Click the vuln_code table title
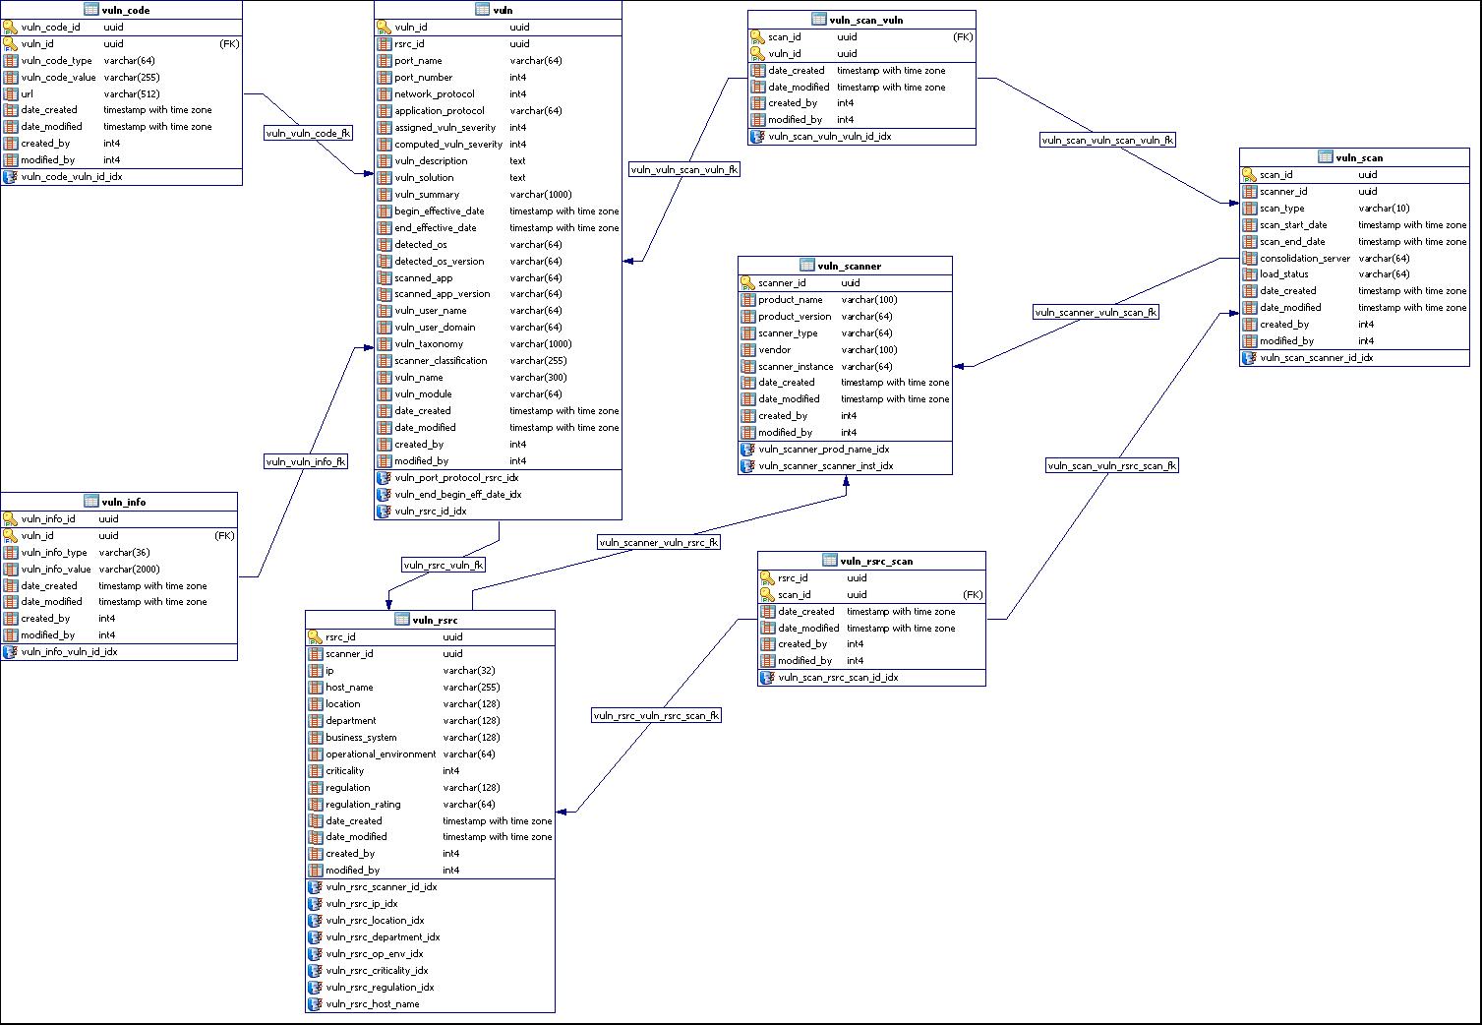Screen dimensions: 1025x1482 125,10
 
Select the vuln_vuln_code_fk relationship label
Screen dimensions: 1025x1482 308,134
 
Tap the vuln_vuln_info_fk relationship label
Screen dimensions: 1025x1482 306,461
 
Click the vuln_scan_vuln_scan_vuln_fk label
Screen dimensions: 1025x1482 1107,140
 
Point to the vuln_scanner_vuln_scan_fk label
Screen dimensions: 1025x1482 1096,313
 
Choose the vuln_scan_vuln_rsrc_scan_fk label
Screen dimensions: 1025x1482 1111,466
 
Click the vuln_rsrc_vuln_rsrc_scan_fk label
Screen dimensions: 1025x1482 656,715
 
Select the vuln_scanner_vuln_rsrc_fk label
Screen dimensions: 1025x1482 659,542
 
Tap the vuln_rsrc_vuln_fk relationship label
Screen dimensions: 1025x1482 444,565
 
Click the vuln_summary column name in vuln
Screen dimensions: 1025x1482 427,195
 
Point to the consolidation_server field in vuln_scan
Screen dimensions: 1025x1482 1305,258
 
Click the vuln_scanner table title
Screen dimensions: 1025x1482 849,266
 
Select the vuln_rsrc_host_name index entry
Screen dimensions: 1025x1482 373,1004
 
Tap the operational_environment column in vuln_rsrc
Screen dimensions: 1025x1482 381,754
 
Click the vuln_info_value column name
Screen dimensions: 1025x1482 56,569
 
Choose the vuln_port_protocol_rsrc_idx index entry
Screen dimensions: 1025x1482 456,478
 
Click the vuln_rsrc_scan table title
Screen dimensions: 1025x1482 876,561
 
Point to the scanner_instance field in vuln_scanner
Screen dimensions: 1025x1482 796,366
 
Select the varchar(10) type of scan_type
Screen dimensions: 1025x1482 1384,209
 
